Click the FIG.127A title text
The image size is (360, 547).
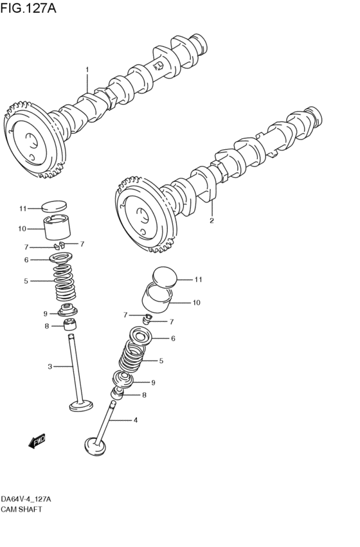28,8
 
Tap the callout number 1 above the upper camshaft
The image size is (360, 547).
87,70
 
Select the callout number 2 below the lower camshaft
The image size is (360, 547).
212,220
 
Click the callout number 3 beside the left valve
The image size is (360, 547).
50,366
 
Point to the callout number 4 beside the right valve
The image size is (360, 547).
136,420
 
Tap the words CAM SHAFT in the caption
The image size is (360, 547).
21,509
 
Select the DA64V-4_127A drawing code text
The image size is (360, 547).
26,499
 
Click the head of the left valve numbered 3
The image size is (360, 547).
82,406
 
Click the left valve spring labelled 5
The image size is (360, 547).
64,282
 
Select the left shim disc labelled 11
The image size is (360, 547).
54,206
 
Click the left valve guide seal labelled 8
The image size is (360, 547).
70,325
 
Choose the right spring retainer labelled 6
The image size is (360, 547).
140,336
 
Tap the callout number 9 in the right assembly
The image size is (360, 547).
153,382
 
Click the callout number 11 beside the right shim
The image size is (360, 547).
198,280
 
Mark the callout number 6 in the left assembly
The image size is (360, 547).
26,260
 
